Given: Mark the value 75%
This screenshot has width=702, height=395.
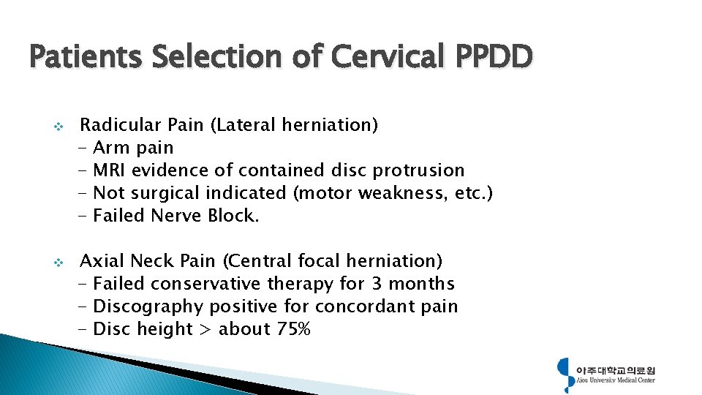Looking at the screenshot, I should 294,329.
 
